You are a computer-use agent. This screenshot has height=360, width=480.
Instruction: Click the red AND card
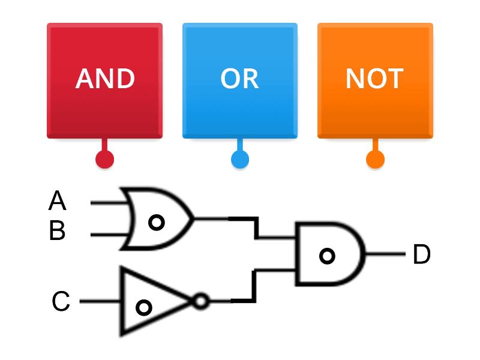pyautogui.click(x=104, y=108)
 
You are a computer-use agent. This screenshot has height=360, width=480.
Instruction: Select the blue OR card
pyautogui.click(x=239, y=108)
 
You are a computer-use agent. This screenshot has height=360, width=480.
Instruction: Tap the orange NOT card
pyautogui.click(x=375, y=108)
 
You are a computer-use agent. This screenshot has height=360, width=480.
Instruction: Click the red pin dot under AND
pyautogui.click(x=104, y=159)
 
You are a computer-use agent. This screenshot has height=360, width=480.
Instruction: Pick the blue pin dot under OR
pyautogui.click(x=240, y=159)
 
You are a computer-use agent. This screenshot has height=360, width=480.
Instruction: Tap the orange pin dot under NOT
pyautogui.click(x=375, y=159)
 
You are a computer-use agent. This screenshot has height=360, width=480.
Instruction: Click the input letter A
pyautogui.click(x=57, y=202)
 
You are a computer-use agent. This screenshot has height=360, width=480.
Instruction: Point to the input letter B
pyautogui.click(x=57, y=231)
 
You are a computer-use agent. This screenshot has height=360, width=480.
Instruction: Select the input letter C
pyautogui.click(x=61, y=302)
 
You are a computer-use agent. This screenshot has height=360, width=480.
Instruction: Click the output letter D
pyautogui.click(x=422, y=255)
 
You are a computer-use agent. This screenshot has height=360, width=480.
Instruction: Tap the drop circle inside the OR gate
pyautogui.click(x=156, y=223)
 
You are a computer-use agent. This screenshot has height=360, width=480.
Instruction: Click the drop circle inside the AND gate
pyautogui.click(x=327, y=256)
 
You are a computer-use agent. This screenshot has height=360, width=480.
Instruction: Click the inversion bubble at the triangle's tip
pyautogui.click(x=201, y=301)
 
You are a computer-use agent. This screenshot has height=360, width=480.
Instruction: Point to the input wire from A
pyautogui.click(x=108, y=203)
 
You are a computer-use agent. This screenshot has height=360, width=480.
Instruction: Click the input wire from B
pyautogui.click(x=108, y=234)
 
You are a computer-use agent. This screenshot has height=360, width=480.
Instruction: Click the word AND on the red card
pyautogui.click(x=104, y=79)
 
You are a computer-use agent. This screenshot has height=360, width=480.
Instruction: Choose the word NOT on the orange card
pyautogui.click(x=374, y=79)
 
